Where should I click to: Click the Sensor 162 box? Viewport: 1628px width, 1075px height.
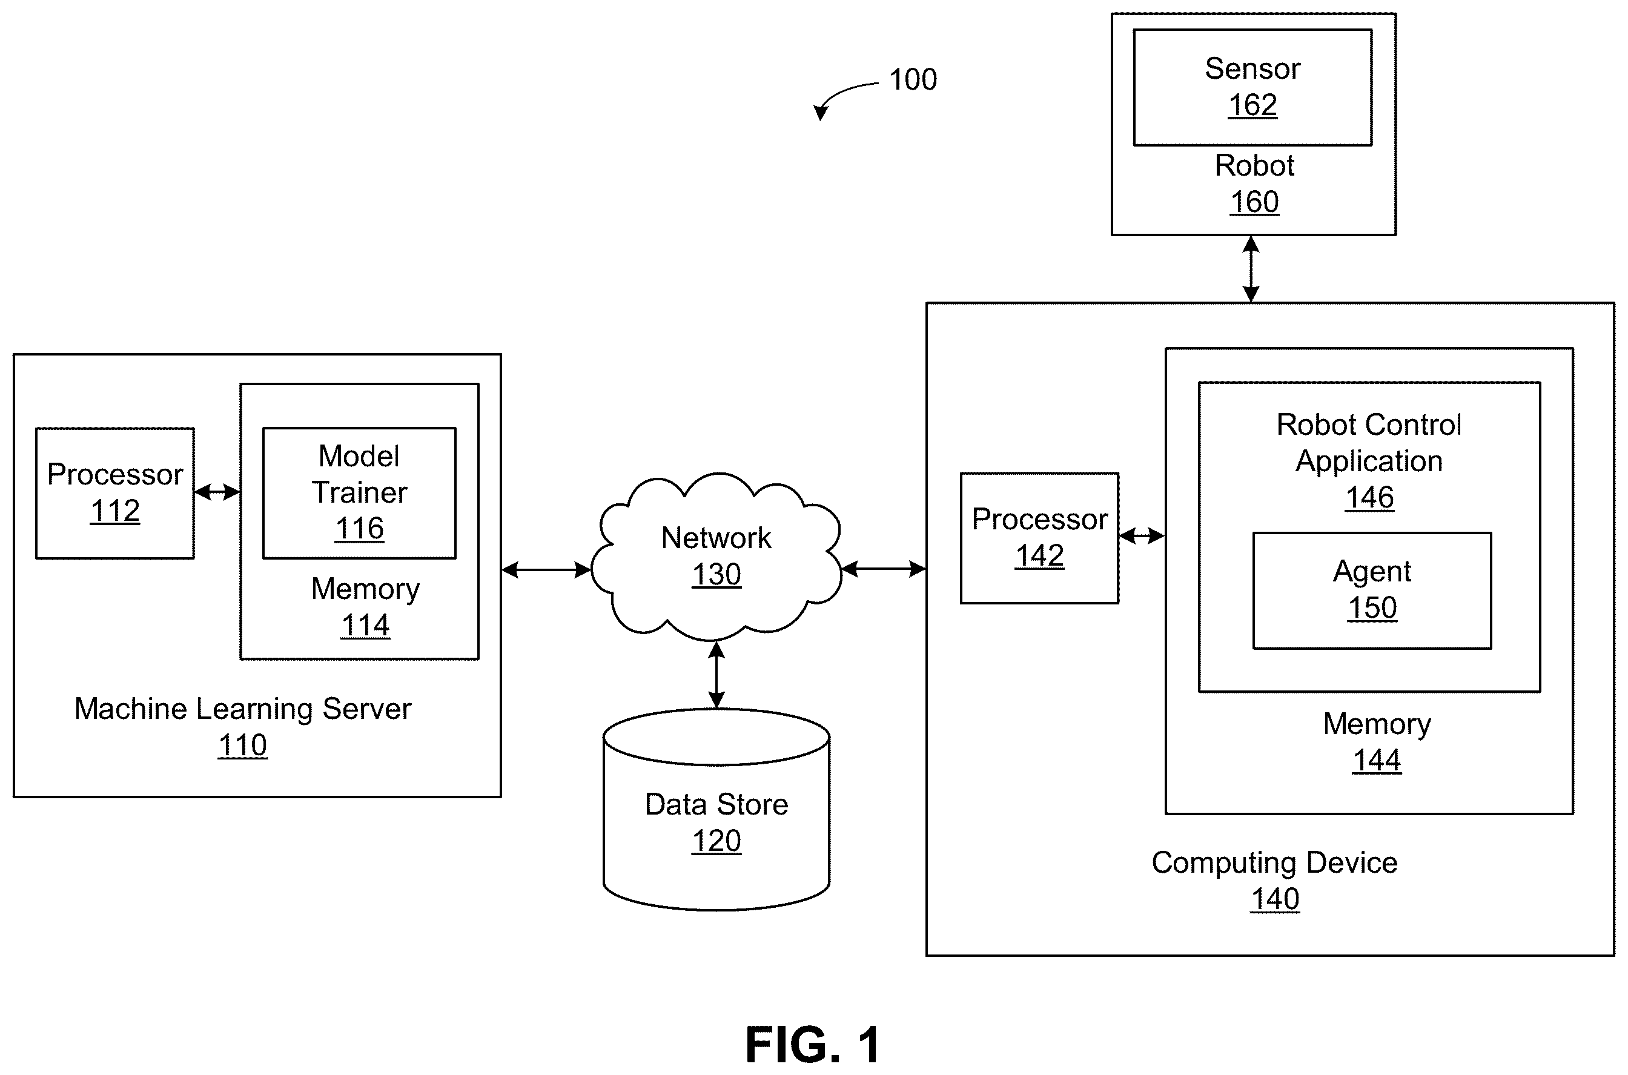click(1252, 87)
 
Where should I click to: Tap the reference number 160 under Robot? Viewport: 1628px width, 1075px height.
click(1254, 202)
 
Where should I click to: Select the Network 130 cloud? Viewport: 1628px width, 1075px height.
click(716, 555)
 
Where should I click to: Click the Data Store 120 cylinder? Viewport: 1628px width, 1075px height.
click(716, 809)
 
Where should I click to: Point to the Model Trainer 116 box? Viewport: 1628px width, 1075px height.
click(359, 493)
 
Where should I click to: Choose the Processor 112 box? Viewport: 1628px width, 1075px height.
click(115, 493)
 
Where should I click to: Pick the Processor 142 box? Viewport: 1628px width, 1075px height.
click(1039, 538)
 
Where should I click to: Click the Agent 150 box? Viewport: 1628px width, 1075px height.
click(1372, 590)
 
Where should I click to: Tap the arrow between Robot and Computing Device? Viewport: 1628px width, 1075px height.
click(1251, 269)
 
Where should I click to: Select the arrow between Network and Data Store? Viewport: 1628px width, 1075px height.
click(716, 675)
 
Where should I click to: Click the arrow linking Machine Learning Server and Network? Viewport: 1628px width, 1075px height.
click(546, 569)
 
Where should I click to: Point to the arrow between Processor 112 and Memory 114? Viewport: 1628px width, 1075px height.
click(217, 492)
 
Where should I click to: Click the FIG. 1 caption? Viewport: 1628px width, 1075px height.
click(813, 1045)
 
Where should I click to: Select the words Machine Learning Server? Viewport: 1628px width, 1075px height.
click(243, 709)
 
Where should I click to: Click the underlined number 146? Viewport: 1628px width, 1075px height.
click(1369, 498)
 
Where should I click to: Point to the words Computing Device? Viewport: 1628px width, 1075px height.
click(1274, 863)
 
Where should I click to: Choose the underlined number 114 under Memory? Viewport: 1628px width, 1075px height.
click(365, 625)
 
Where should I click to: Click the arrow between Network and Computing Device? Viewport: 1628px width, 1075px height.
click(884, 568)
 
